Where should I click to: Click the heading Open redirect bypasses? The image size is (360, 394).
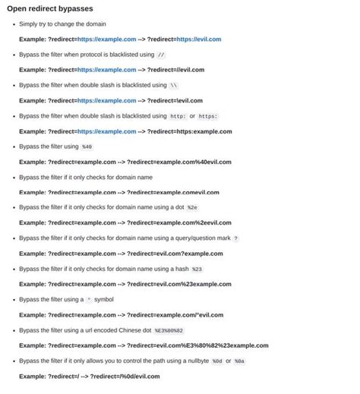pyautogui.click(x=50, y=8)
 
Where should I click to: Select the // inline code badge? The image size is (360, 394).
pyautogui.click(x=161, y=55)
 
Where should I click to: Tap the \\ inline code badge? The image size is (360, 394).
pyautogui.click(x=174, y=85)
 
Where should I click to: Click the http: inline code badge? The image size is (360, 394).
pyautogui.click(x=178, y=116)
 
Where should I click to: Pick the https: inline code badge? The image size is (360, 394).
pyautogui.click(x=207, y=116)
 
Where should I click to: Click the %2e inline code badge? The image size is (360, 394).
pyautogui.click(x=192, y=207)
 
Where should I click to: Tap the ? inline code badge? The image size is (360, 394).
pyautogui.click(x=235, y=238)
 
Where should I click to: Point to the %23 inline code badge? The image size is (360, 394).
pyautogui.click(x=197, y=269)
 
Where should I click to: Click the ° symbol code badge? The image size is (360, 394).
pyautogui.click(x=88, y=300)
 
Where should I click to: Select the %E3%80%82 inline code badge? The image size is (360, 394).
pyautogui.click(x=169, y=330)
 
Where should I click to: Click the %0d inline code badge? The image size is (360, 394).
pyautogui.click(x=217, y=361)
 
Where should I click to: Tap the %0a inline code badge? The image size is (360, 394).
pyautogui.click(x=239, y=361)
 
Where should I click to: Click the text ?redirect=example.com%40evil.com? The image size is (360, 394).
pyautogui.click(x=179, y=162)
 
